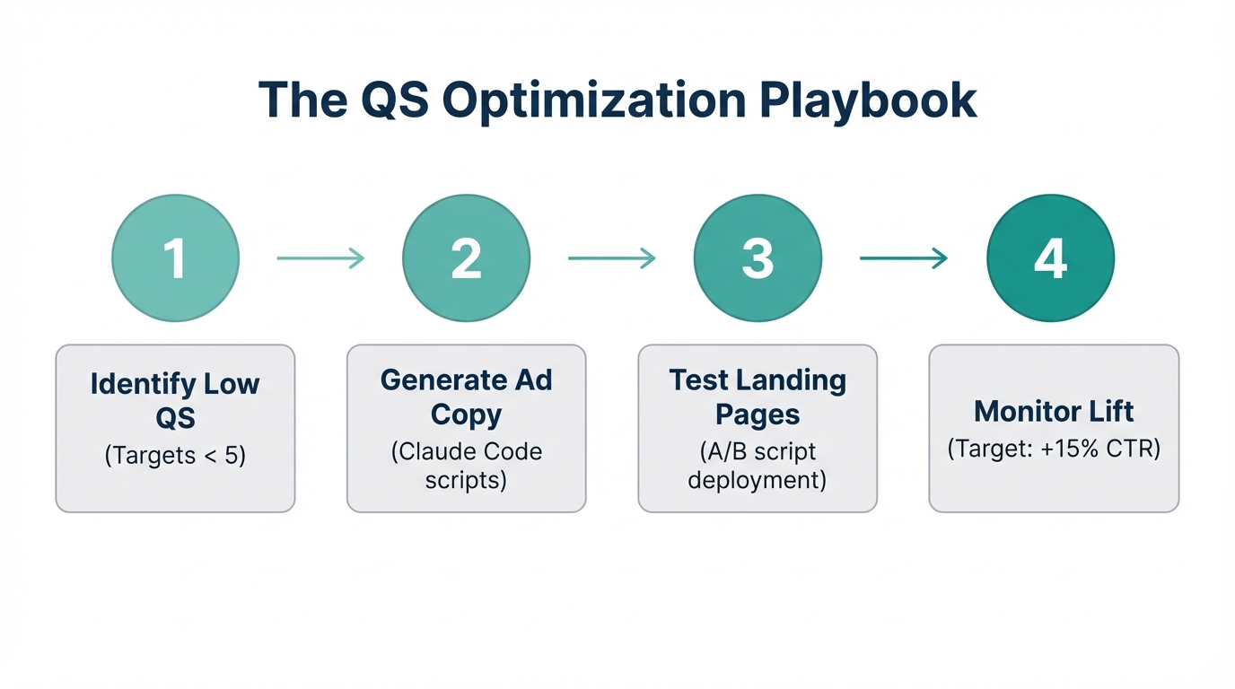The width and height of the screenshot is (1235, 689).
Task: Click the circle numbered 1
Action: click(175, 258)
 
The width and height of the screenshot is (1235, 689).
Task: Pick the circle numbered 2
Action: click(466, 258)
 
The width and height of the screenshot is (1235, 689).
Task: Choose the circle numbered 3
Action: click(758, 258)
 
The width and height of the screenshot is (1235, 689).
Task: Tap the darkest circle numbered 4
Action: click(1050, 258)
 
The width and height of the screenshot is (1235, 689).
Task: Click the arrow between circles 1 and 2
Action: click(320, 258)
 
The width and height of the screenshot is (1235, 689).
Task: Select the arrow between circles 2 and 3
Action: click(611, 258)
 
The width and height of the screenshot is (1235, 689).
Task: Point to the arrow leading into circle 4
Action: click(903, 258)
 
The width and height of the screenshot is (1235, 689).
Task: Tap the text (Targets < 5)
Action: click(175, 456)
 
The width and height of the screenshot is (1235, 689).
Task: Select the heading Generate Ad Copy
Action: click(466, 397)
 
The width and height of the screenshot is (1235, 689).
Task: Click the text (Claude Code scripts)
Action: click(466, 465)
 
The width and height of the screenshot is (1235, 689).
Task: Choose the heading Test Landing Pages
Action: click(758, 397)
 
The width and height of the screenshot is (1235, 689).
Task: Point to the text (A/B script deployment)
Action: click(758, 465)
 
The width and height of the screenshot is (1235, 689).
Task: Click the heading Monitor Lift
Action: click(1054, 412)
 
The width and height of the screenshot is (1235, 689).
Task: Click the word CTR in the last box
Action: click(1133, 448)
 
